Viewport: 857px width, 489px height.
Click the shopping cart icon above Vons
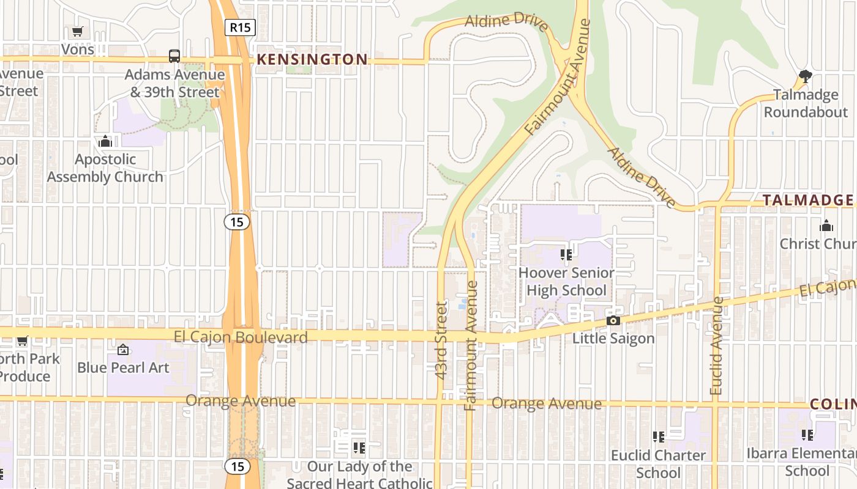pyautogui.click(x=77, y=31)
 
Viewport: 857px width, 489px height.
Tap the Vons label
pyautogui.click(x=78, y=50)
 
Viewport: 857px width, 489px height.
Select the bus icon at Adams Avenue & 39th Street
pyautogui.click(x=174, y=56)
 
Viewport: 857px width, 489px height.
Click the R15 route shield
pyautogui.click(x=240, y=27)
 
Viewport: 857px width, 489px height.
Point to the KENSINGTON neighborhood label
pyautogui.click(x=312, y=59)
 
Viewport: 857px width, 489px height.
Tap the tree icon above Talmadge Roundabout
pyautogui.click(x=805, y=76)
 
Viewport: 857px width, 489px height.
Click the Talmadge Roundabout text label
pyautogui.click(x=805, y=103)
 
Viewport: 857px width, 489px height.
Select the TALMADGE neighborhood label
pyautogui.click(x=808, y=200)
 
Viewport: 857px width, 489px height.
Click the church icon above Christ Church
pyautogui.click(x=826, y=226)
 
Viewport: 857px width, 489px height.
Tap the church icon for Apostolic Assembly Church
pyautogui.click(x=105, y=142)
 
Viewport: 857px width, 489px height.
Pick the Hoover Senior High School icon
pyautogui.click(x=566, y=254)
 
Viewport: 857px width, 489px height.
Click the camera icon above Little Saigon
pyautogui.click(x=613, y=321)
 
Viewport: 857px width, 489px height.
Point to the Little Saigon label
pyautogui.click(x=613, y=338)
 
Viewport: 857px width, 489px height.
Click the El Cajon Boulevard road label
pyautogui.click(x=241, y=337)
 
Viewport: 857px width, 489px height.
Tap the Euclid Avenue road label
pyautogui.click(x=716, y=345)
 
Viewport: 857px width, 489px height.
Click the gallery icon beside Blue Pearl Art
pyautogui.click(x=123, y=350)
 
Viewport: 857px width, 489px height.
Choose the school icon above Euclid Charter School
pyautogui.click(x=658, y=437)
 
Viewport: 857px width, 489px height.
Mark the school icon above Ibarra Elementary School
pyautogui.click(x=807, y=435)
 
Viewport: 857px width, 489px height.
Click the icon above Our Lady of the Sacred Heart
pyautogui.click(x=359, y=449)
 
